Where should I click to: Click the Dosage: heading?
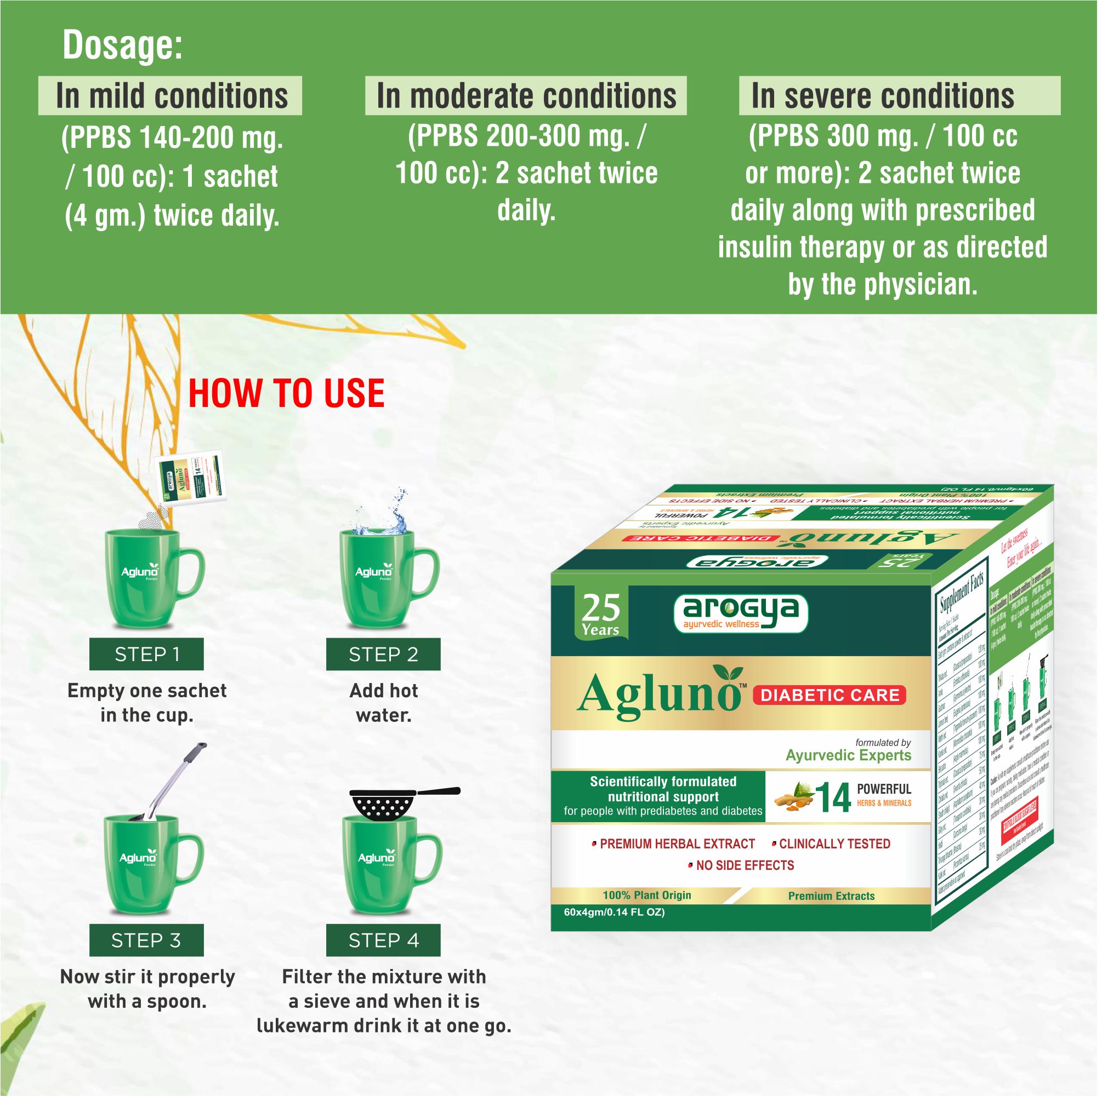(122, 45)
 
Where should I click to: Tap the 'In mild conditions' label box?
(170, 96)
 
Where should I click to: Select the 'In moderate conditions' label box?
(525, 96)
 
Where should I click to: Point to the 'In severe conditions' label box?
(899, 96)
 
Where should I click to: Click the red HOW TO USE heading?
(286, 394)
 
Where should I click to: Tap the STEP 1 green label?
(146, 655)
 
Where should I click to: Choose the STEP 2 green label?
(383, 655)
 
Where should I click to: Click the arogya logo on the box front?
(740, 613)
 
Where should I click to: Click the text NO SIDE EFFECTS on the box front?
(744, 866)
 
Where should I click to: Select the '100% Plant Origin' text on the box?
(647, 896)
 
